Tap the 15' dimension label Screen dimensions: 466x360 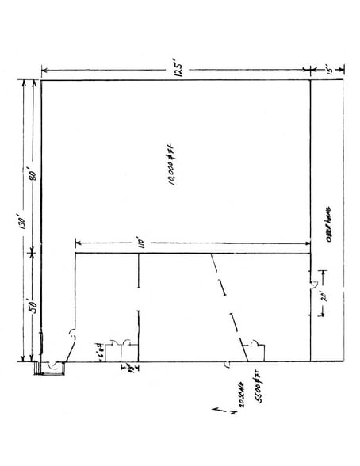pyautogui.click(x=327, y=70)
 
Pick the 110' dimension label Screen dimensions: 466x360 pyautogui.click(x=140, y=242)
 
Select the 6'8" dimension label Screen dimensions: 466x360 pyautogui.click(x=101, y=349)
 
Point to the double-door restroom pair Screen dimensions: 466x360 pyautogui.click(x=121, y=346)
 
